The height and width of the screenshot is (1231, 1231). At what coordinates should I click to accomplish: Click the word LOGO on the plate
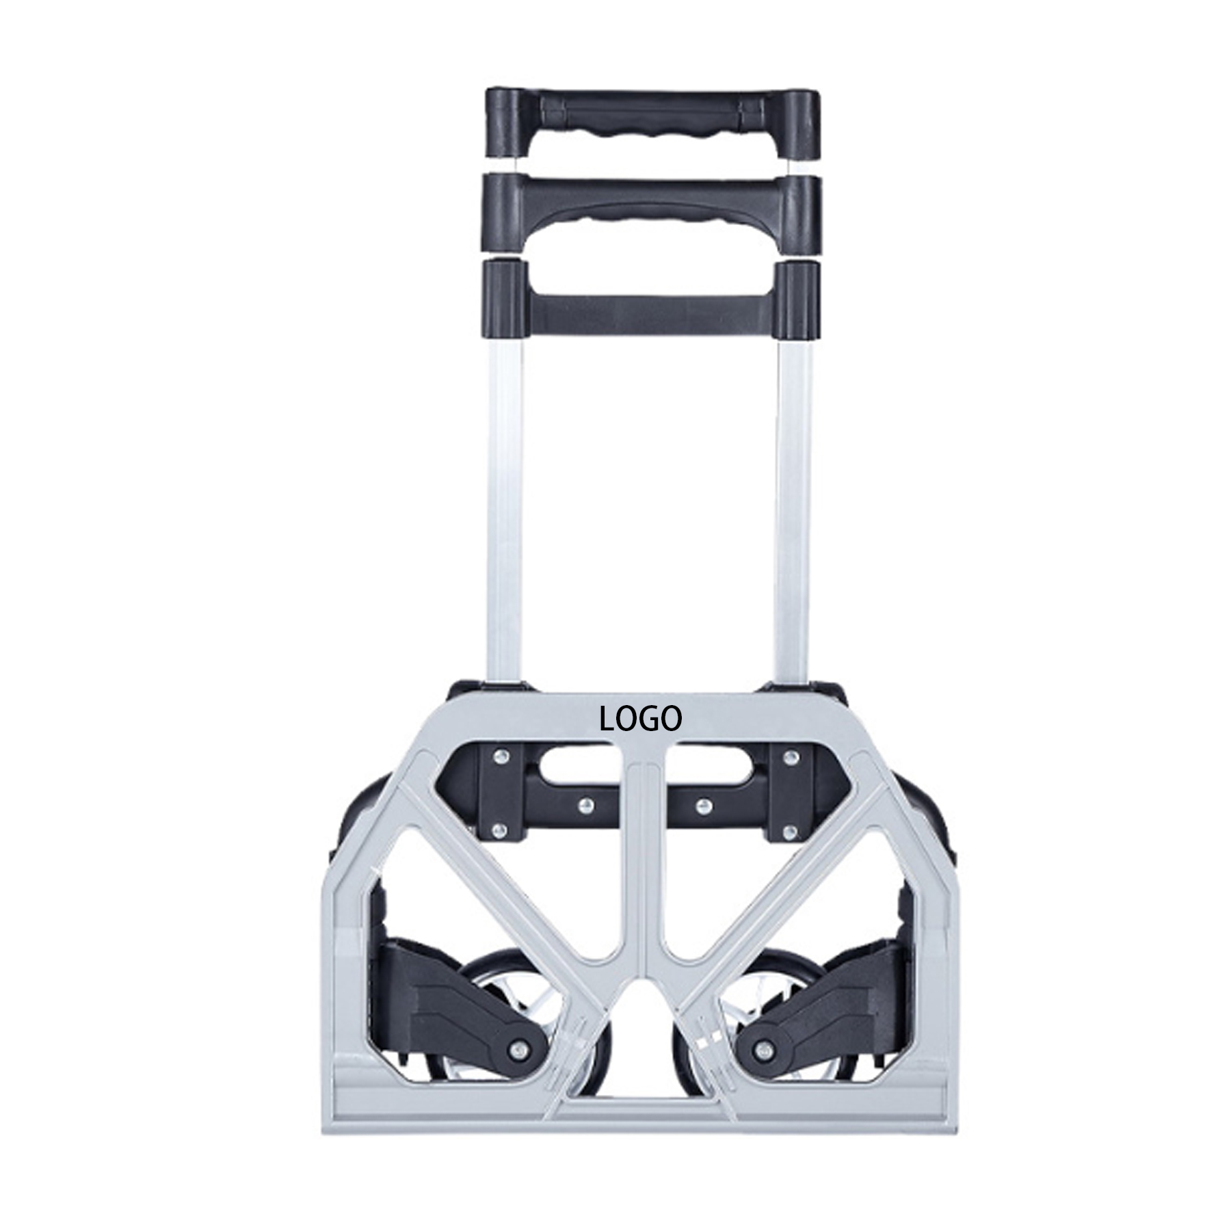click(640, 719)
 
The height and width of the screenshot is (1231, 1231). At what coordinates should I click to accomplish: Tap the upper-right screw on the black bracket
click(792, 756)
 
